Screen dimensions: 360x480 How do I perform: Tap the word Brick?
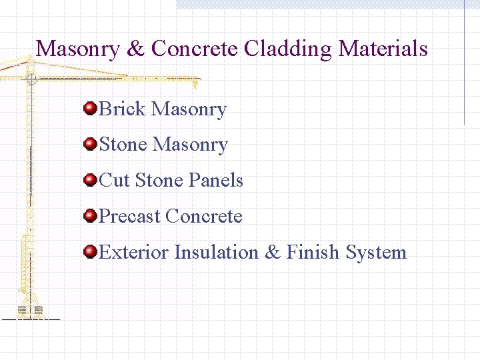pyautogui.click(x=123, y=109)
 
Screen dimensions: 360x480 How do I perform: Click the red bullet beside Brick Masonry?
pyautogui.click(x=90, y=108)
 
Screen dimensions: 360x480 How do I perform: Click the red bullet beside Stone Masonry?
pyautogui.click(x=90, y=144)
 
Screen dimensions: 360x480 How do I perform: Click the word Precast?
pyautogui.click(x=129, y=217)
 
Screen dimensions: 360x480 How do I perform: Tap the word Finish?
pyautogui.click(x=313, y=253)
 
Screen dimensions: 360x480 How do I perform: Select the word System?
pyautogui.click(x=376, y=253)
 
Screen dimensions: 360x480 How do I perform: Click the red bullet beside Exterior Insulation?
pyautogui.click(x=90, y=252)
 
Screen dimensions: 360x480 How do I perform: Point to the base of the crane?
pyautogui.click(x=30, y=311)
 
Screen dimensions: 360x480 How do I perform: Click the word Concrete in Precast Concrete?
pyautogui.click(x=204, y=217)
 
